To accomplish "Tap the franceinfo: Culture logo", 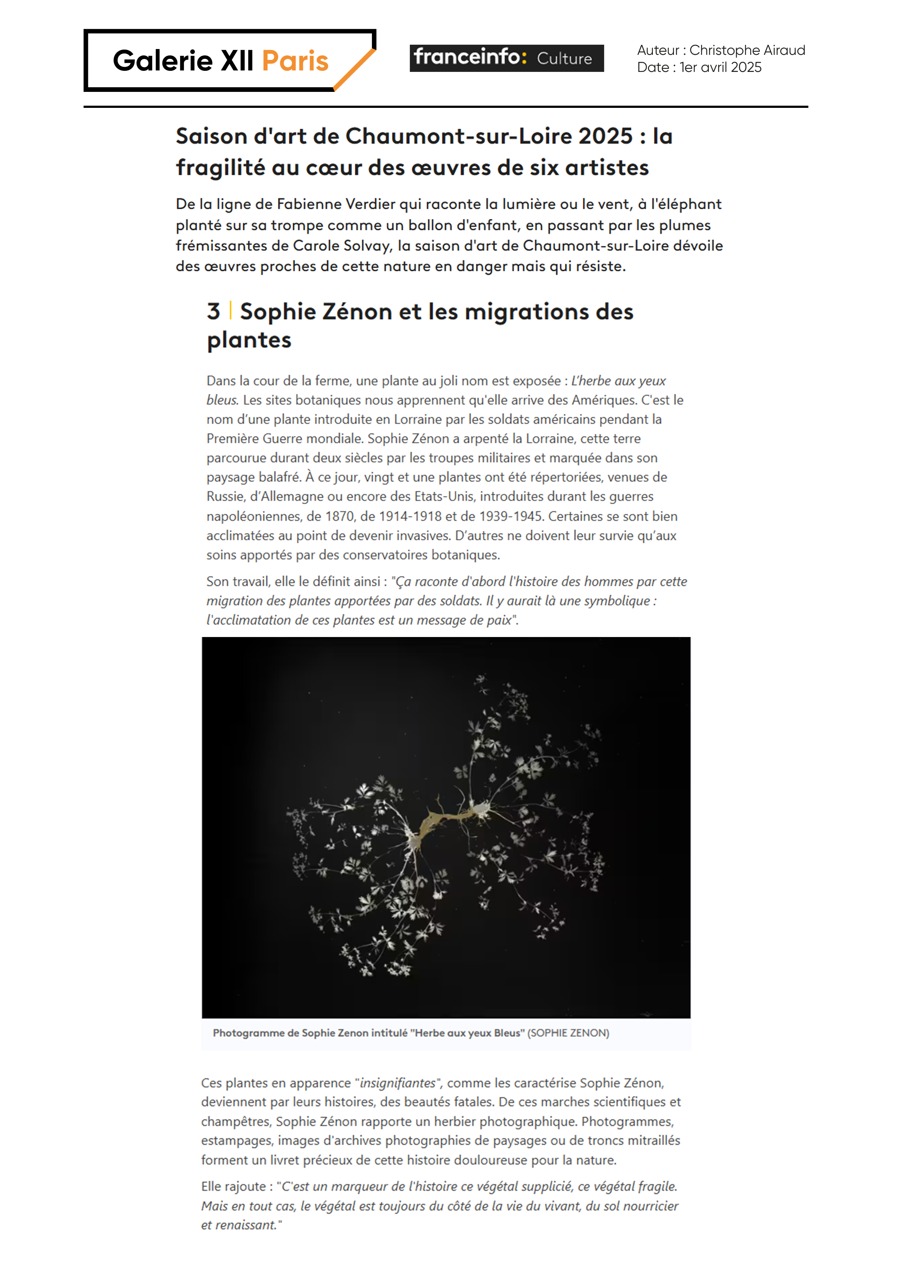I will coord(506,58).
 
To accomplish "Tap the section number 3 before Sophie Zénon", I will coord(214,312).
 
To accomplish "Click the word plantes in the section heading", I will coord(249,340).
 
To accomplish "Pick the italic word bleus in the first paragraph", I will coord(222,400).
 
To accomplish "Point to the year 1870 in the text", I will coord(339,516).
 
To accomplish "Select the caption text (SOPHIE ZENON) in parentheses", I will coord(568,1033).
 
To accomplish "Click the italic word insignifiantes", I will coord(397,1083).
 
